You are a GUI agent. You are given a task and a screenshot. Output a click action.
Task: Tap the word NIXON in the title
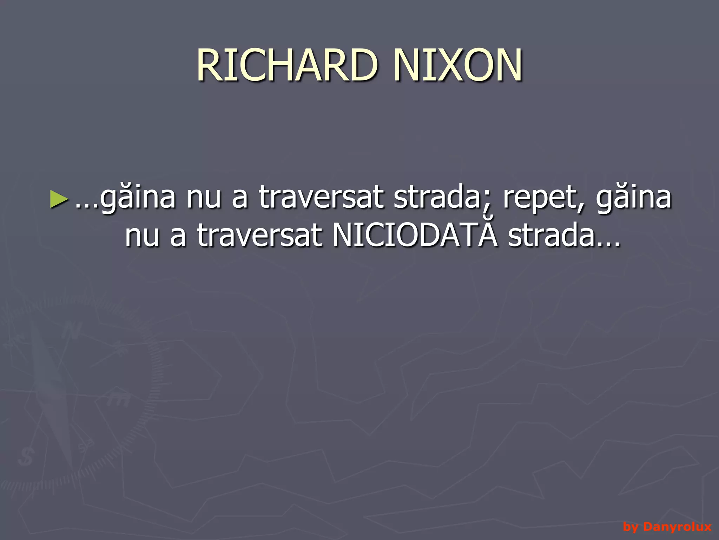click(x=458, y=65)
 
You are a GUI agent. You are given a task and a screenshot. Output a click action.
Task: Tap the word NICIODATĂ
click(x=415, y=235)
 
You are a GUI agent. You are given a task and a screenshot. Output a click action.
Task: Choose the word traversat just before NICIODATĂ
click(x=259, y=235)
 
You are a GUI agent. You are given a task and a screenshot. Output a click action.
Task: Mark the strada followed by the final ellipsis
click(x=550, y=235)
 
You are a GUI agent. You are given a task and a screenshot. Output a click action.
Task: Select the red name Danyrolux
click(x=677, y=527)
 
